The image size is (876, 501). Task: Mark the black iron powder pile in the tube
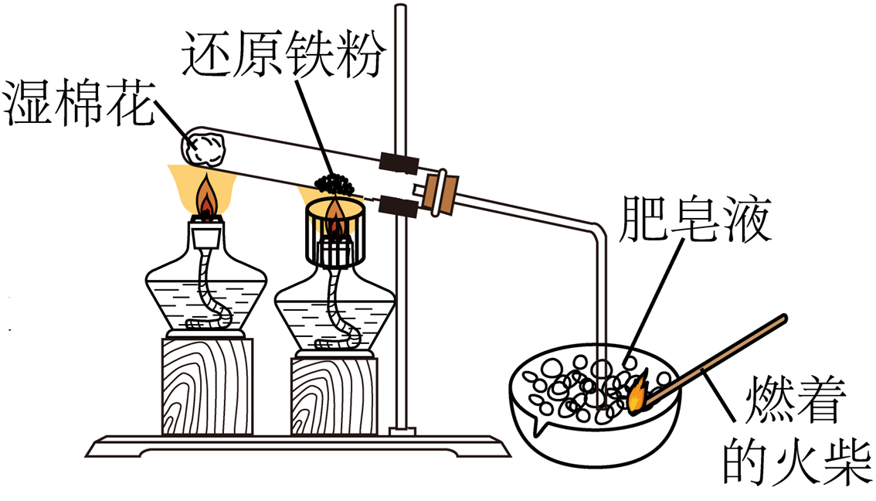(334, 185)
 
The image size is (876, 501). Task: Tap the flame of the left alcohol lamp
(207, 199)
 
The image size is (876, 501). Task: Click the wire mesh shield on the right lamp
(335, 232)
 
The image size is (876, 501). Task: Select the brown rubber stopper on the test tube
(443, 190)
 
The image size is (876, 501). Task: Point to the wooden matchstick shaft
(718, 356)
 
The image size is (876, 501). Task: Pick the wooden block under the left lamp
(207, 384)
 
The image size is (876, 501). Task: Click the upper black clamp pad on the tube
(399, 162)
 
